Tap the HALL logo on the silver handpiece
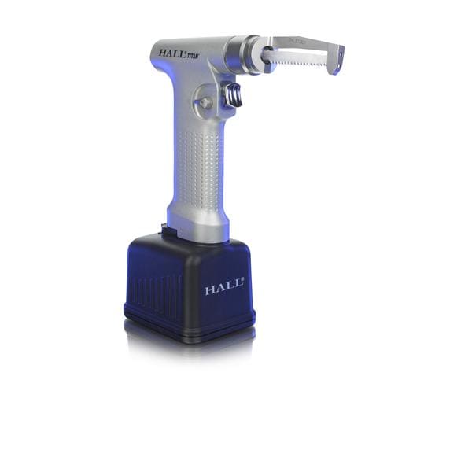point(172,53)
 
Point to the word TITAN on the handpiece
point(192,57)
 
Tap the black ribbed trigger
point(234,97)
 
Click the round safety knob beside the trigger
point(205,103)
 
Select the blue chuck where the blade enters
point(266,57)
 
